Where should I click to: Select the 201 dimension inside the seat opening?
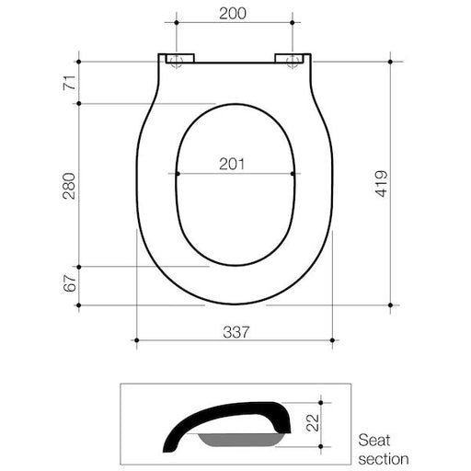pos(234,164)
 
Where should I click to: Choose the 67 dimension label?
pos(67,284)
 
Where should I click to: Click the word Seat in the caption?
pos(374,441)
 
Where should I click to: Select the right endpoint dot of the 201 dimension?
pos(293,173)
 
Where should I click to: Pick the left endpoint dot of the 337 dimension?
pos(136,339)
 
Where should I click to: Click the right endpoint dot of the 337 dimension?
pos(332,339)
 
